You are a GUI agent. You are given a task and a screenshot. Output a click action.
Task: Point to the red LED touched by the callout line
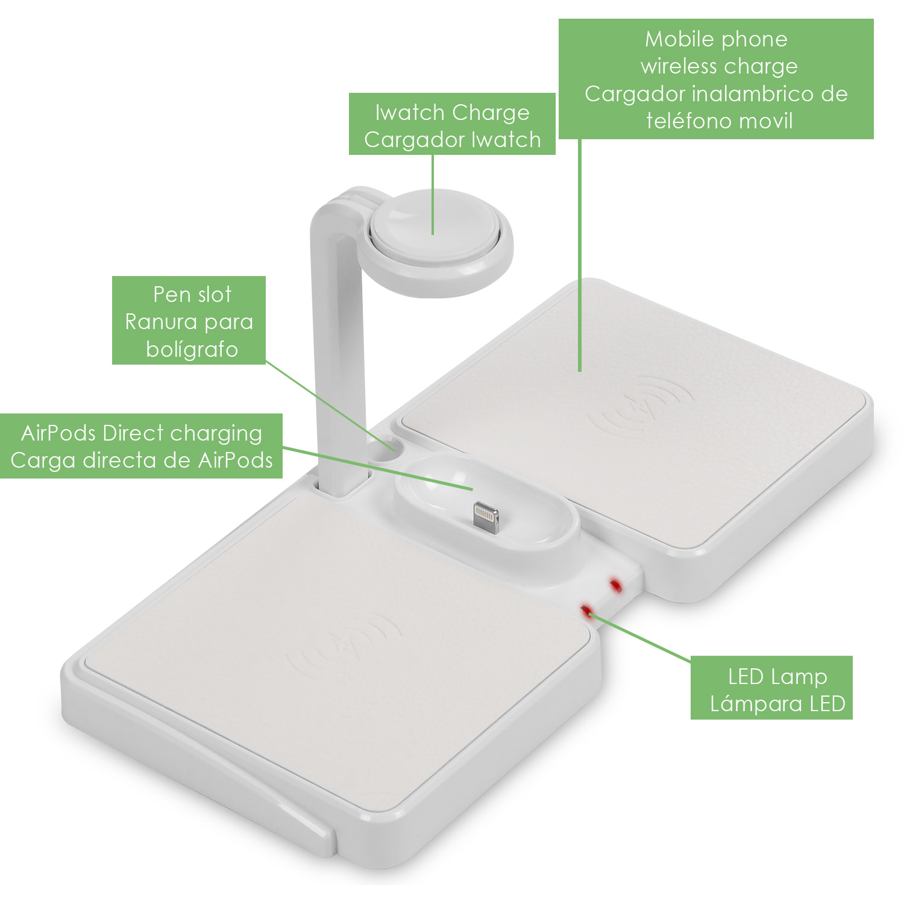[x=585, y=611]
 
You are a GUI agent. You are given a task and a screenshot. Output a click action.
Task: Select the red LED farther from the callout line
[x=615, y=585]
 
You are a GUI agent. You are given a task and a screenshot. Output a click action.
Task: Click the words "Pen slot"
[x=192, y=295]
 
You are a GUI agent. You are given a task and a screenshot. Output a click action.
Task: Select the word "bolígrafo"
[x=192, y=350]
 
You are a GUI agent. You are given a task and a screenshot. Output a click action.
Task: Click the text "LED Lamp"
[x=777, y=677]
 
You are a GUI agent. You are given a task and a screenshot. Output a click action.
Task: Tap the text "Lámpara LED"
[x=777, y=704]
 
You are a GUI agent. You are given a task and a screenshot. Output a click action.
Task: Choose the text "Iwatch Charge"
[x=452, y=113]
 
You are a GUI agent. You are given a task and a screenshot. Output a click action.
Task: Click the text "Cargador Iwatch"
[x=452, y=140]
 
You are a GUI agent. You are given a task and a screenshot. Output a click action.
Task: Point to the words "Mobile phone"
[x=716, y=39]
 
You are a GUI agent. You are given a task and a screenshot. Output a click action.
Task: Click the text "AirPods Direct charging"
[x=142, y=433]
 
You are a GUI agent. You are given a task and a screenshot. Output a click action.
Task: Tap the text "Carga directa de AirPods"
[x=142, y=460]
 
